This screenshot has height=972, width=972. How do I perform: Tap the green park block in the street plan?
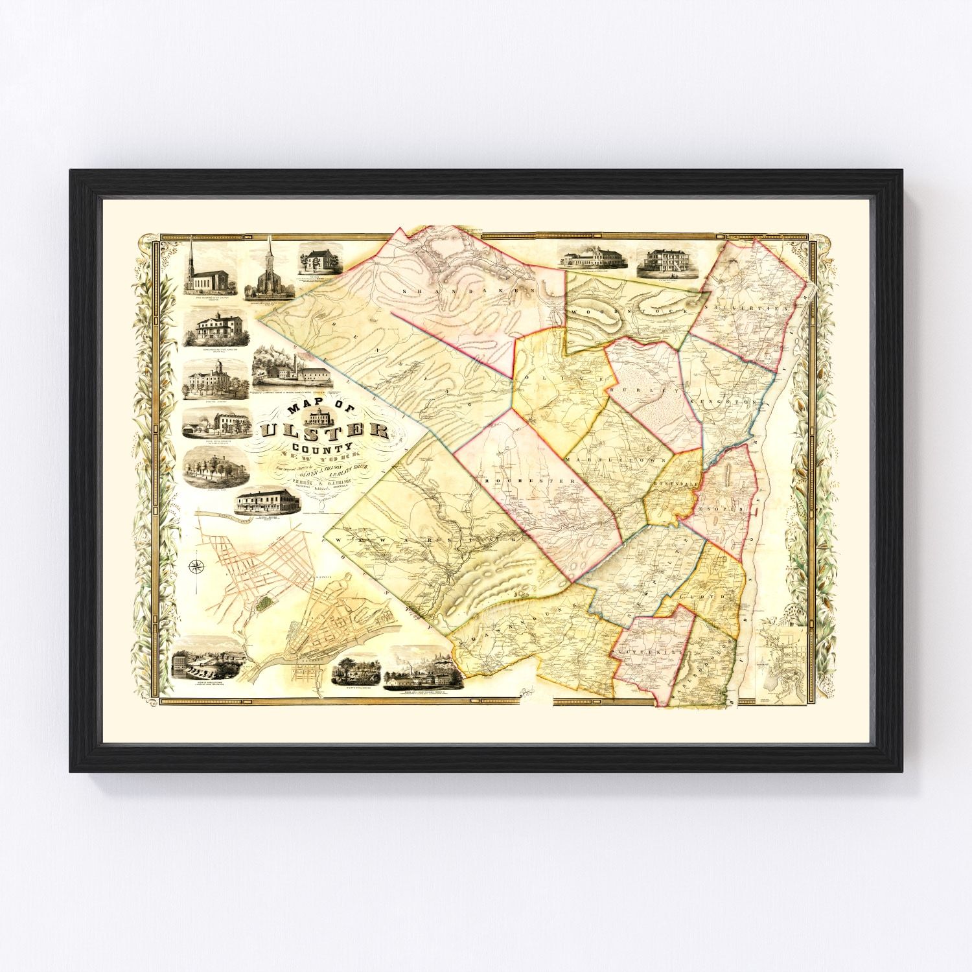click(x=262, y=604)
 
